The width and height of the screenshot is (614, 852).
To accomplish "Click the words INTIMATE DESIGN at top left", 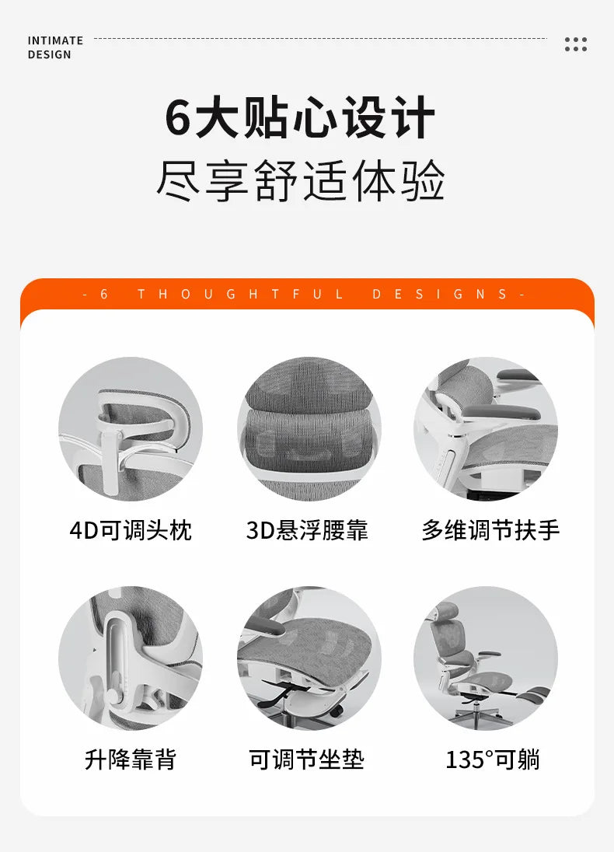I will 55,47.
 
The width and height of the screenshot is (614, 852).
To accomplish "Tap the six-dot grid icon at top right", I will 576,44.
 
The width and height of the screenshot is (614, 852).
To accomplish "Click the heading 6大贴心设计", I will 300,118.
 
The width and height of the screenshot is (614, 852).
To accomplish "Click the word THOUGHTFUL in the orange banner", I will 240,295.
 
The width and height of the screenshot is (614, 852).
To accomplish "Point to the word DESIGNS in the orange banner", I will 439,295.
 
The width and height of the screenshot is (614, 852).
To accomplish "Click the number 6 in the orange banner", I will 104,295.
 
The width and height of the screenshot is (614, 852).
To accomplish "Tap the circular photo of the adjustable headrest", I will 131,429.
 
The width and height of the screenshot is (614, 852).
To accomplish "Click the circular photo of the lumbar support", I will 309,429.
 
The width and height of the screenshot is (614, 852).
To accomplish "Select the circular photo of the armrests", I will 485,429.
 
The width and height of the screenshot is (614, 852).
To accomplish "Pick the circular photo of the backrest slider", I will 131,658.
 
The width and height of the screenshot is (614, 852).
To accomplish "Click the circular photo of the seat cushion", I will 309,658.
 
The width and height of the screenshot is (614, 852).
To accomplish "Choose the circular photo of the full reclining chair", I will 485,658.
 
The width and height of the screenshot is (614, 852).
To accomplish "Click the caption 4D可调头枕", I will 131,531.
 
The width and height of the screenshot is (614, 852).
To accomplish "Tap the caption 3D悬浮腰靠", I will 307,531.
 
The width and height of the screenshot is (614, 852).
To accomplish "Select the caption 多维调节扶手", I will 490,531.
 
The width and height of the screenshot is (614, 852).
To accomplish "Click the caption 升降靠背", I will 131,759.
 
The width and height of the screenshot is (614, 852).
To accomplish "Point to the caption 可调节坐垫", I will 307,759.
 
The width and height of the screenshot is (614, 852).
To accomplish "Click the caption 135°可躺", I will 492,759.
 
